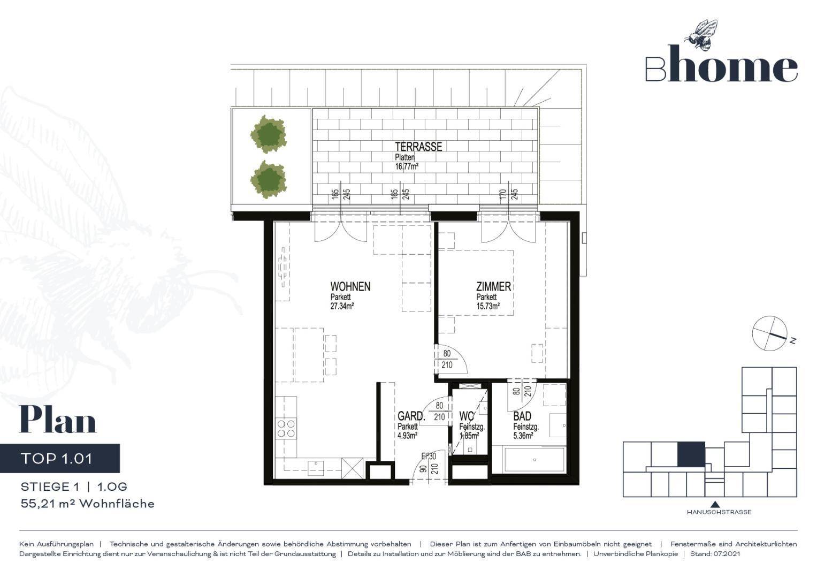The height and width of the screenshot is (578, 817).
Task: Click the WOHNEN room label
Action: (x=350, y=286)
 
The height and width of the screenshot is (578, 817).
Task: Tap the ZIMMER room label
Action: (x=493, y=286)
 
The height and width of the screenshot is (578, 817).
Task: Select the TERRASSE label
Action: (x=418, y=147)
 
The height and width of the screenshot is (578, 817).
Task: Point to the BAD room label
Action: (x=522, y=416)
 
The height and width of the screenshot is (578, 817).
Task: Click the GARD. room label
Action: (x=411, y=416)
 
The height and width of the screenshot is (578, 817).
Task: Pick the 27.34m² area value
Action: (x=342, y=306)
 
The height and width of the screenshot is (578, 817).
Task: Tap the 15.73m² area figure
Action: (x=488, y=306)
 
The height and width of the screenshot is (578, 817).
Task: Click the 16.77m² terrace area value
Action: (x=407, y=167)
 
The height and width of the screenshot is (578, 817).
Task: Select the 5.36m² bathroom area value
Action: (x=523, y=436)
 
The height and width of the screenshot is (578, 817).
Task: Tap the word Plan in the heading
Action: (x=58, y=420)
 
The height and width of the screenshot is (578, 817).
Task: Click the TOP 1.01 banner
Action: (x=60, y=458)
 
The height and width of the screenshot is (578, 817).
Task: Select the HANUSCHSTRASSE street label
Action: (x=719, y=512)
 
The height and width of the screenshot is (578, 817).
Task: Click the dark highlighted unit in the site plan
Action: (x=691, y=454)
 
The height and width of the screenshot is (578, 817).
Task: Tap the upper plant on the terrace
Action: (x=269, y=134)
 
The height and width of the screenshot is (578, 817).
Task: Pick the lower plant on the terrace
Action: (x=269, y=179)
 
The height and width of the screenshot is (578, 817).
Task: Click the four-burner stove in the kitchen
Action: (x=286, y=429)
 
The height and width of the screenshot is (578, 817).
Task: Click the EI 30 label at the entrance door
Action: (x=429, y=456)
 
